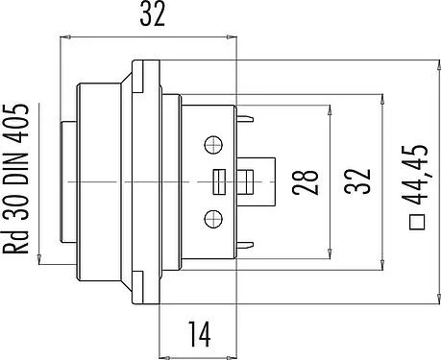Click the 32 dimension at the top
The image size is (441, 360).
153,14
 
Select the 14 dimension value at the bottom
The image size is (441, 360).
200,334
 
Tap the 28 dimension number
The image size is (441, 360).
306,182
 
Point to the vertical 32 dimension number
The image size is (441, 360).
357,181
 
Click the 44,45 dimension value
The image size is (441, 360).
415,175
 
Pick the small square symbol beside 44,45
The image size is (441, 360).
417,222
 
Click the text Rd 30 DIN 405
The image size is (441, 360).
16,179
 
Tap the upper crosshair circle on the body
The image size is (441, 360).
213,145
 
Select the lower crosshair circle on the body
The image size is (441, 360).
213,219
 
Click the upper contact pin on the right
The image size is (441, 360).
245,119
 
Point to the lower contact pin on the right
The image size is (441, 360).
245,246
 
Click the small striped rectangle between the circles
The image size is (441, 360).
220,182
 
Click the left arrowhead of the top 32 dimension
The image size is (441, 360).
65,36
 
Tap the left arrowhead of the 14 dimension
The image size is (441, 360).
164,357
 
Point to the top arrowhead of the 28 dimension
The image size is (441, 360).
330,110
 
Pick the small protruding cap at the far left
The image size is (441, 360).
68,182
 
